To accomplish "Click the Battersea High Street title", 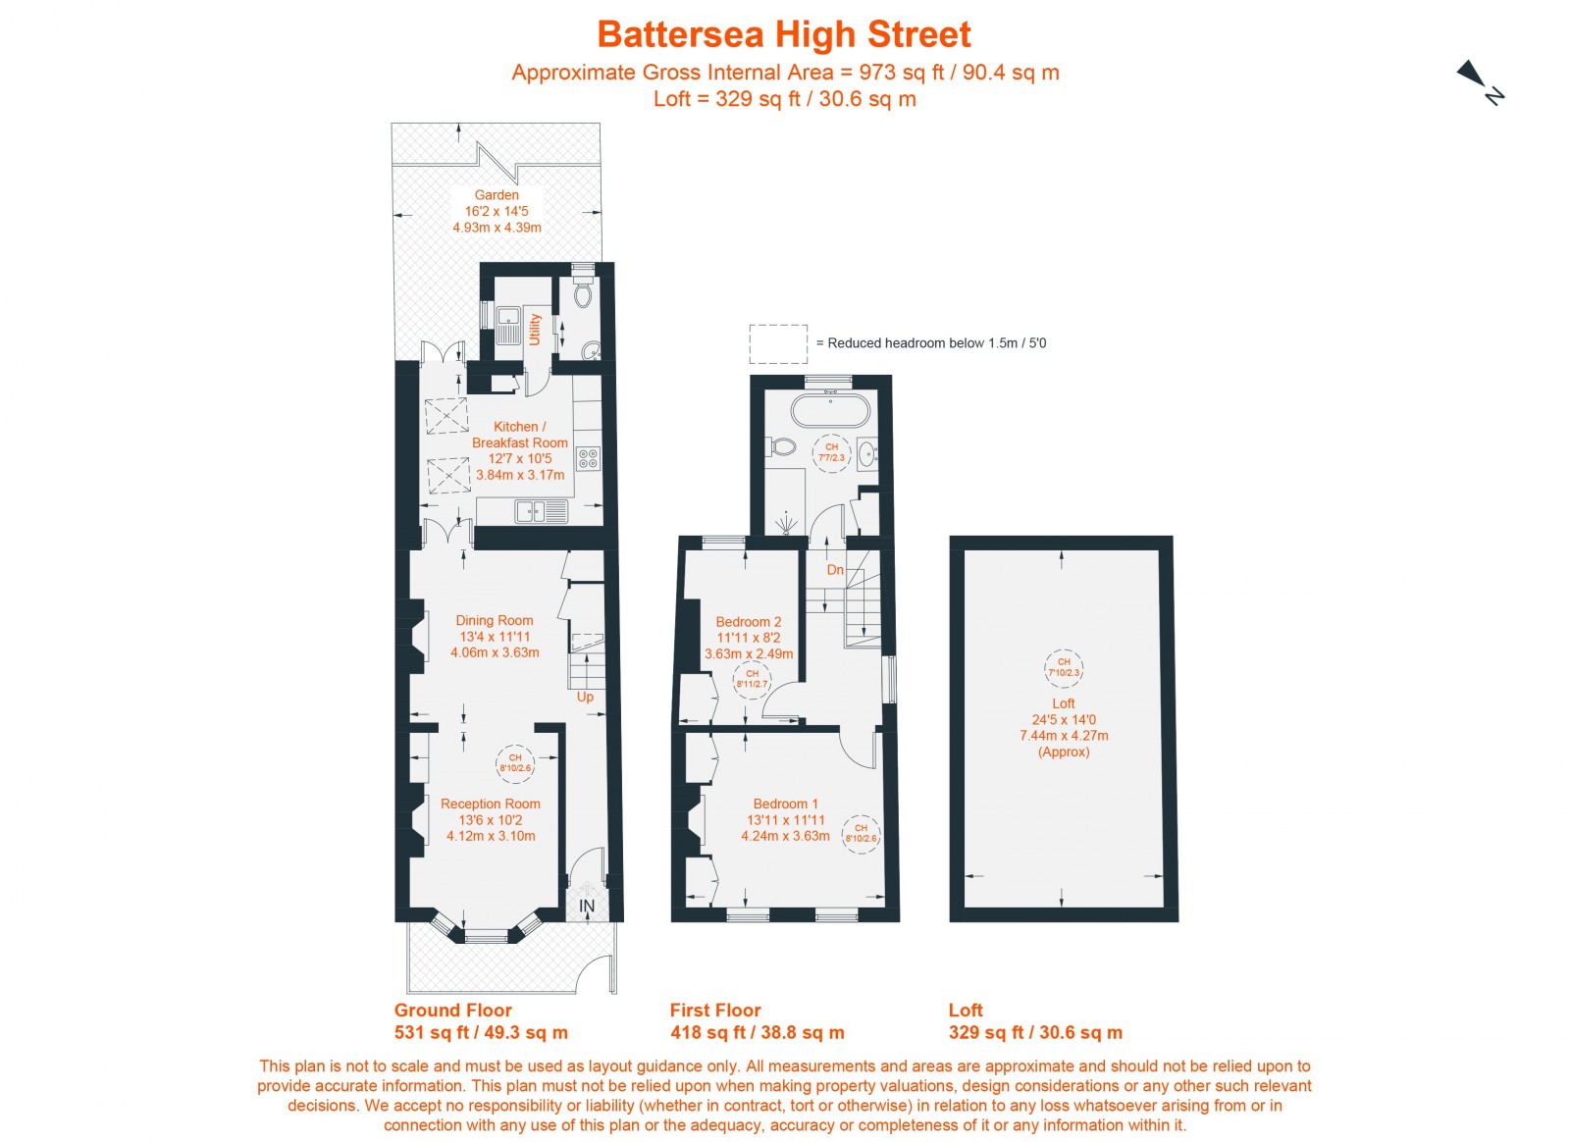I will click(783, 34).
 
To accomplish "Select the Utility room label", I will click(535, 329).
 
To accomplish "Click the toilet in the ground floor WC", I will click(583, 294).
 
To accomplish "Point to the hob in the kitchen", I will click(588, 458).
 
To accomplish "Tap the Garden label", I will click(497, 195).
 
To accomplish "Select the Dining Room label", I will click(495, 620).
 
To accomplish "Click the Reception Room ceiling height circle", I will click(515, 763).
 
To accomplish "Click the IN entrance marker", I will click(587, 906).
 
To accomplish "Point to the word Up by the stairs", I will click(585, 697).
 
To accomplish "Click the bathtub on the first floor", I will click(830, 410).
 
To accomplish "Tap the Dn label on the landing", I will click(835, 569).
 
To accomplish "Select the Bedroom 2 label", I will click(749, 622).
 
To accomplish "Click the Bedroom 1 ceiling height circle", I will click(861, 833).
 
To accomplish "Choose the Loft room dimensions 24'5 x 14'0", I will click(1064, 719).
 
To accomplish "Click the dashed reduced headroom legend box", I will click(778, 343).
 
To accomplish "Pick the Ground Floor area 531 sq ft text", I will click(481, 1032).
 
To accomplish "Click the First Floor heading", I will click(715, 1010).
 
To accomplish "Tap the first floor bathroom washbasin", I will click(867, 454).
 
